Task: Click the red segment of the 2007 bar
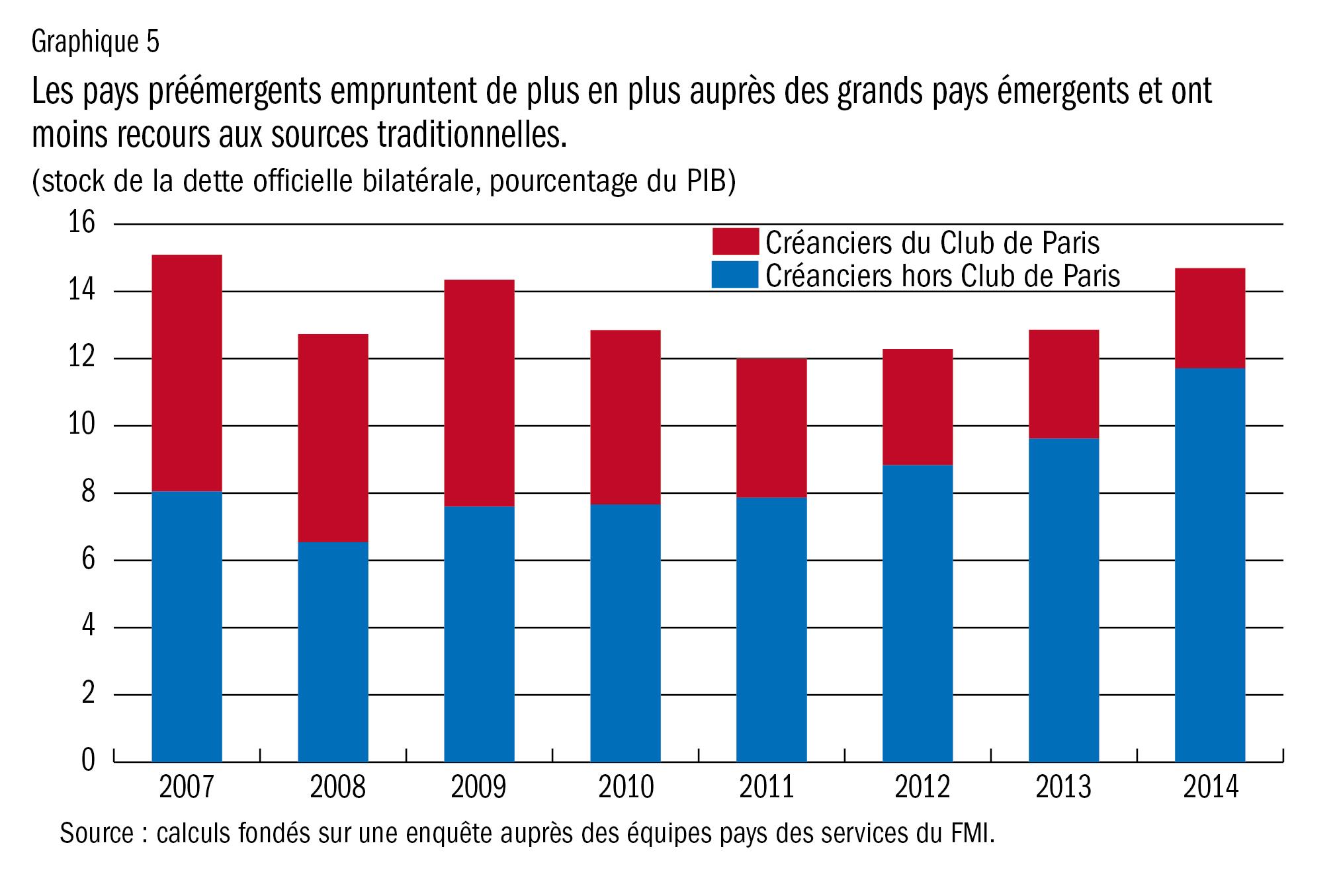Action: pyautogui.click(x=187, y=373)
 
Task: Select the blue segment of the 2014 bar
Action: pyautogui.click(x=1209, y=565)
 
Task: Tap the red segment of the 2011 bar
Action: pyautogui.click(x=771, y=428)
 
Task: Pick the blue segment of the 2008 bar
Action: pyautogui.click(x=333, y=652)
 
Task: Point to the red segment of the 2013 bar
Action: pyautogui.click(x=1064, y=384)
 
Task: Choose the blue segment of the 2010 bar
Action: pyautogui.click(x=625, y=633)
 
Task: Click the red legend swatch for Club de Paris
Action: pyautogui.click(x=735, y=242)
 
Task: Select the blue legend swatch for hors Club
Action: pyautogui.click(x=735, y=275)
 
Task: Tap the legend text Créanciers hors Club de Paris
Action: pyautogui.click(x=943, y=276)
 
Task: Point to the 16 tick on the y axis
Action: pyautogui.click(x=82, y=223)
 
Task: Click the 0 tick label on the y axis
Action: pyautogui.click(x=88, y=761)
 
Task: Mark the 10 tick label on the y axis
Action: pyautogui.click(x=82, y=426)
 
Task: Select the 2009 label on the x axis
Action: pyautogui.click(x=478, y=787)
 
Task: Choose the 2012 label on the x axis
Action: pyautogui.click(x=922, y=787)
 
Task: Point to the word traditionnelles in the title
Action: pyautogui.click(x=472, y=135)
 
